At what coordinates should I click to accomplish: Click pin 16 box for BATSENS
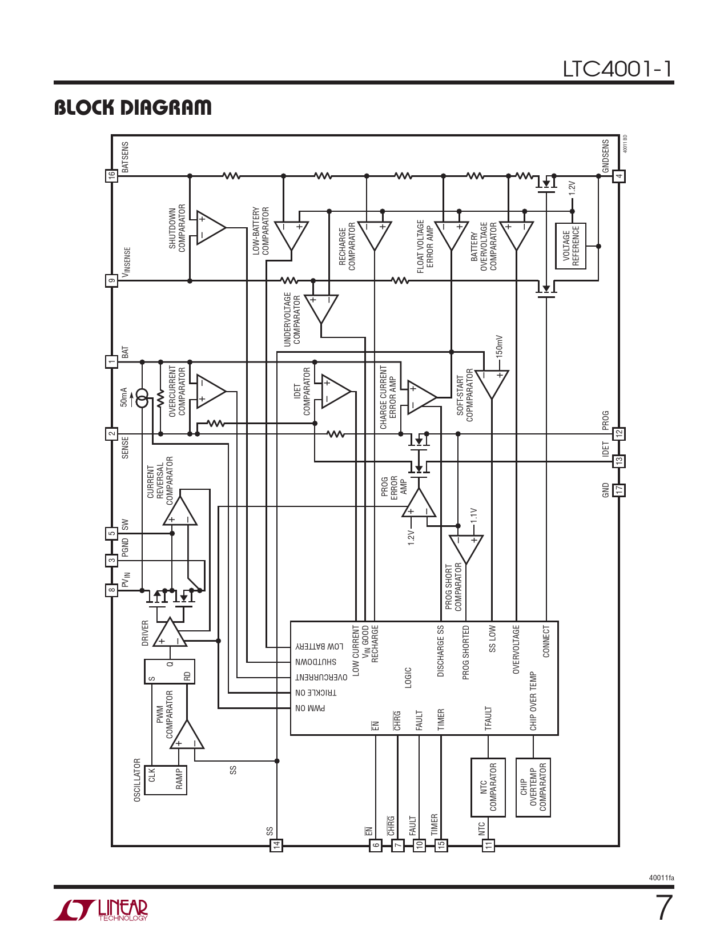tap(111, 176)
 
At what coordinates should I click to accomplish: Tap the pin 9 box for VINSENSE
tap(111, 281)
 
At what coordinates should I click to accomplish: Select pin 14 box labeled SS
tap(276, 845)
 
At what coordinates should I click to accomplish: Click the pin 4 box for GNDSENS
tap(619, 176)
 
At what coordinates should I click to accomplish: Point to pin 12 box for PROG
tap(619, 433)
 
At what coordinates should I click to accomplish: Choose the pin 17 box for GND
tap(619, 490)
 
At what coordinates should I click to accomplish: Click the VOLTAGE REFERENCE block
tap(570, 246)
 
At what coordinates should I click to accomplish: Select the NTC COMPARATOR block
tap(488, 787)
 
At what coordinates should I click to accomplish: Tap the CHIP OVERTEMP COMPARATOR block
tap(533, 787)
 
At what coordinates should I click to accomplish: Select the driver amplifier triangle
tap(170, 632)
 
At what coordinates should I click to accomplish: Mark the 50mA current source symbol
tap(142, 398)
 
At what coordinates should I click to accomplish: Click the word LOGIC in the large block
tap(408, 678)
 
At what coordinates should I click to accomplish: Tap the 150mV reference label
tap(499, 345)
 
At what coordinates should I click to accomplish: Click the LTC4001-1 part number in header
tap(617, 69)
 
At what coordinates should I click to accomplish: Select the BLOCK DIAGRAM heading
tap(132, 107)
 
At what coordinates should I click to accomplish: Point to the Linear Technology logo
tap(100, 910)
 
